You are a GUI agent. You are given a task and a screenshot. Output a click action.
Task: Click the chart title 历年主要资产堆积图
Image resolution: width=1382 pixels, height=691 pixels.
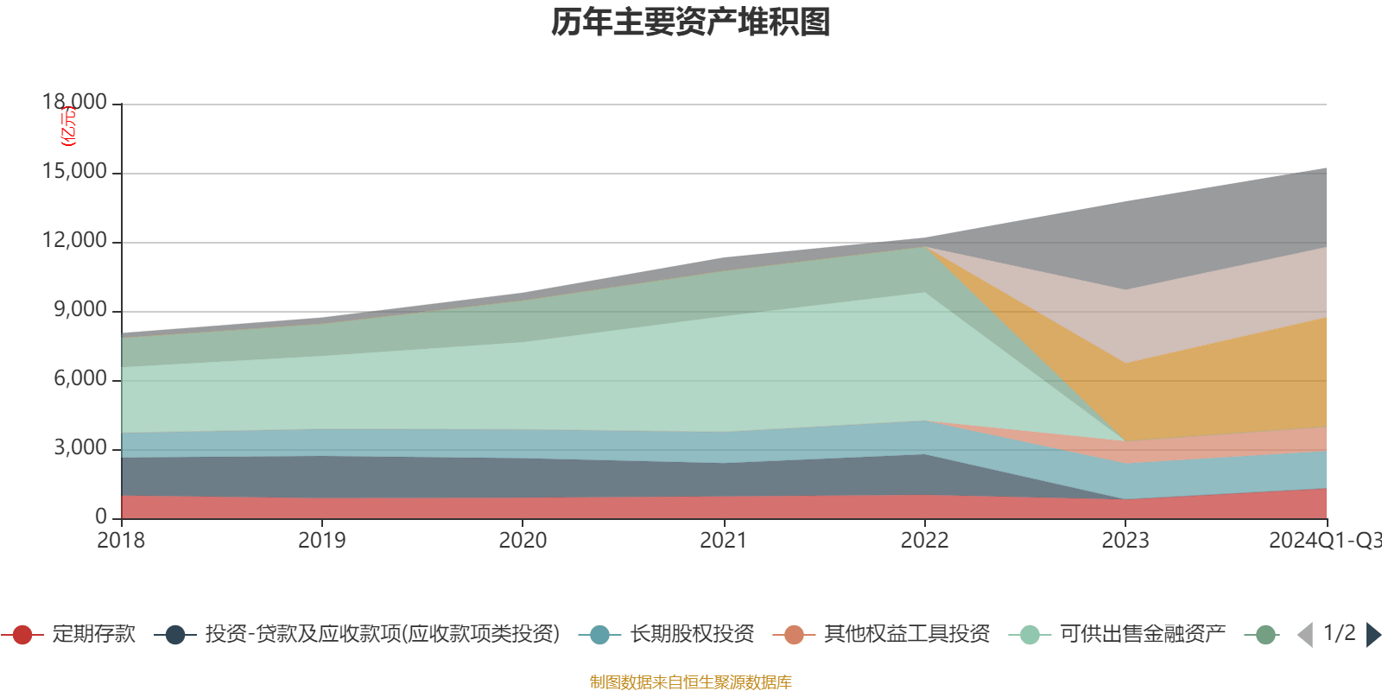(x=691, y=22)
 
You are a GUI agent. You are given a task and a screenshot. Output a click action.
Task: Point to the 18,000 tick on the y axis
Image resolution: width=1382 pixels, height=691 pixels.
(x=75, y=103)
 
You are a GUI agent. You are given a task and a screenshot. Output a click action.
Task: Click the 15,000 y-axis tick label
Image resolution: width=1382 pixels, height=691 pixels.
(x=75, y=172)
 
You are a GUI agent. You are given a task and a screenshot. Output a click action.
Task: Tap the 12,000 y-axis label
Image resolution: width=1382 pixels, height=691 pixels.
(x=75, y=241)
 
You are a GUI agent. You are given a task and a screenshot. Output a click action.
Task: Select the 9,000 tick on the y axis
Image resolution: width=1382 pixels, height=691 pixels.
(x=81, y=310)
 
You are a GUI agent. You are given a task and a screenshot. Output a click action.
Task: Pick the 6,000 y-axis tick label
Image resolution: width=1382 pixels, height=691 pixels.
(x=81, y=379)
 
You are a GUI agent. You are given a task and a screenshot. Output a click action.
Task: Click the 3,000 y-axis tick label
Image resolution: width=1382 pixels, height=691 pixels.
(x=81, y=448)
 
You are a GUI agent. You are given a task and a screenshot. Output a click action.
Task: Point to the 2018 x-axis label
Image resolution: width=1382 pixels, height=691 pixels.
(x=121, y=541)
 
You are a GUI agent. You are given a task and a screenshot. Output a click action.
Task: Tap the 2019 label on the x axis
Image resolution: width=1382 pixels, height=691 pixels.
(x=321, y=541)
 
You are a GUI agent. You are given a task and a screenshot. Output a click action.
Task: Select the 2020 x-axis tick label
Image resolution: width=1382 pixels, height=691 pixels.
(x=523, y=541)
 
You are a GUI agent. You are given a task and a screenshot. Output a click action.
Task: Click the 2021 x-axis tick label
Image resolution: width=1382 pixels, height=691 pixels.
(x=723, y=541)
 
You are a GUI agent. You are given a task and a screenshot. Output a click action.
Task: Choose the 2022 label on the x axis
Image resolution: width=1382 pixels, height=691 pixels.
(x=924, y=541)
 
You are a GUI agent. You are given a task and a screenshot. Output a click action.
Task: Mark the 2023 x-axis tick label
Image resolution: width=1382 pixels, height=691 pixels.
(x=1125, y=541)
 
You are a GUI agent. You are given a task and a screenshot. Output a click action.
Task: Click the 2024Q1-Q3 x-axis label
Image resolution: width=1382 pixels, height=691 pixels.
(x=1324, y=541)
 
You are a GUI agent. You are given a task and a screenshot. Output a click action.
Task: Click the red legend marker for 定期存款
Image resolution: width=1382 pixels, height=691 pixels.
(x=22, y=635)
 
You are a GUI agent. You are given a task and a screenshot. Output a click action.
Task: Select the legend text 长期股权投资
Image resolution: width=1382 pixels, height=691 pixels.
(x=692, y=635)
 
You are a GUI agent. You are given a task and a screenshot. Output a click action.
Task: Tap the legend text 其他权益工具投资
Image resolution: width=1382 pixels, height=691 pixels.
(x=907, y=635)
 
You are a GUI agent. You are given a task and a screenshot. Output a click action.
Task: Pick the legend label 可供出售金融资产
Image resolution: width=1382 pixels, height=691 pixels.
(x=1143, y=635)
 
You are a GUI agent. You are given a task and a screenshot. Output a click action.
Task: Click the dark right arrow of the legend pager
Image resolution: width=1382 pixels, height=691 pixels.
(x=1372, y=635)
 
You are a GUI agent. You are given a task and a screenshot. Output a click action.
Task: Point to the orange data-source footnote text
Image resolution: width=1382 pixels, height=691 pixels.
(x=691, y=682)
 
